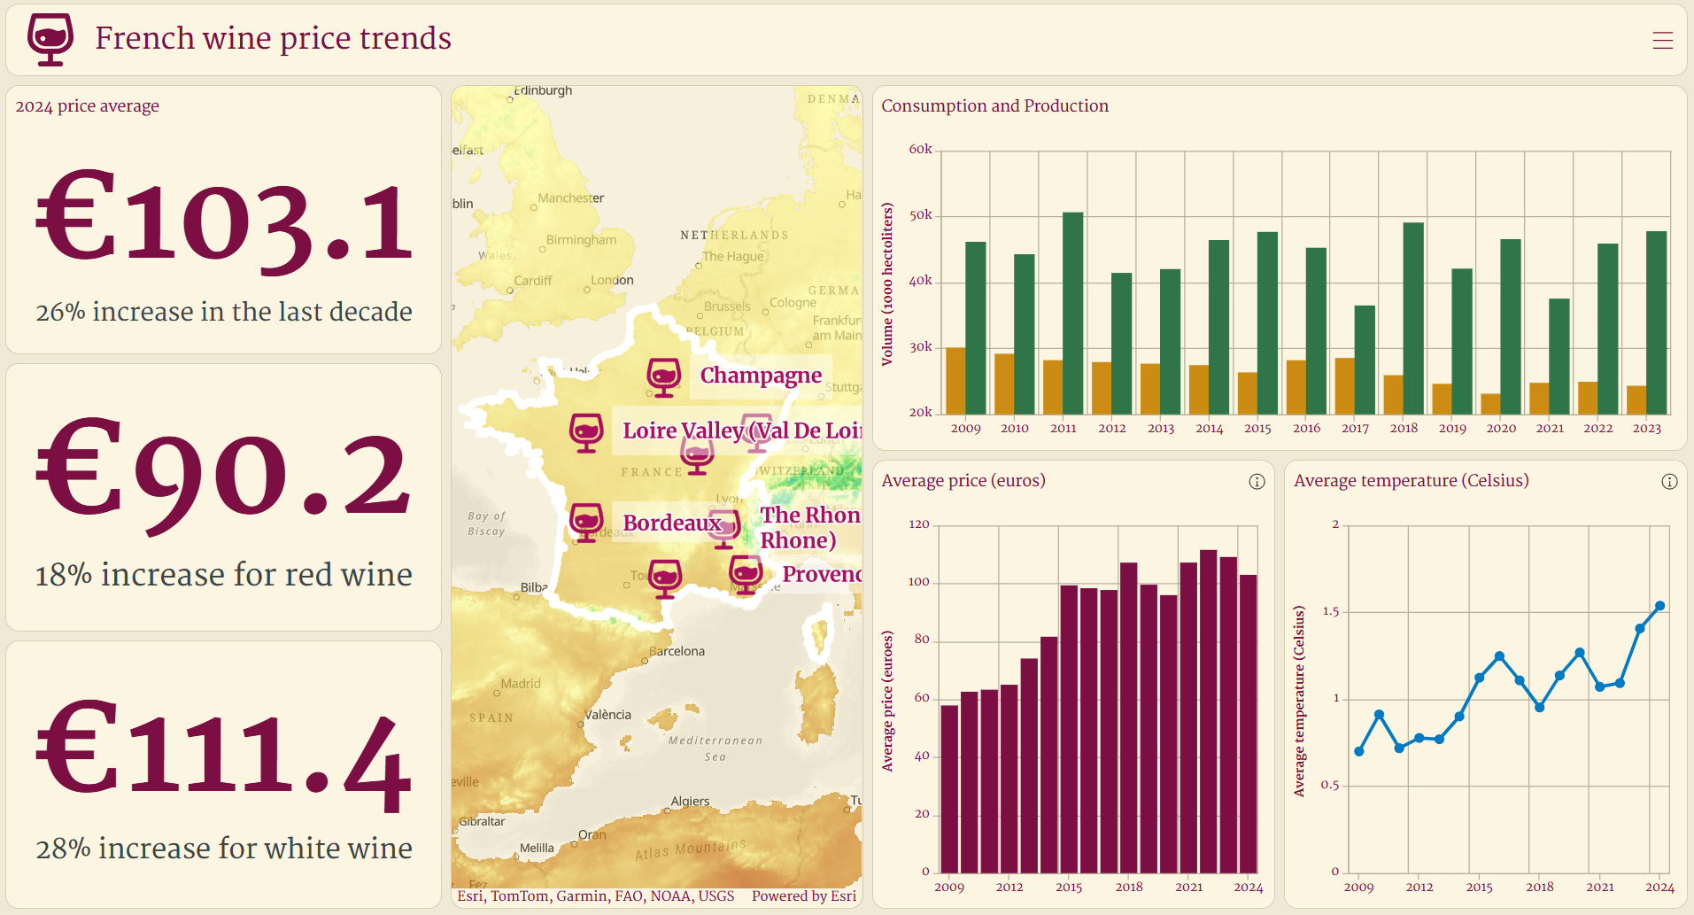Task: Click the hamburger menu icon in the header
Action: [x=1662, y=40]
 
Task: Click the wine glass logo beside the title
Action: [x=50, y=39]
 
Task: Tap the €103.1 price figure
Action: [x=224, y=220]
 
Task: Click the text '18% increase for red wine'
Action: [x=223, y=575]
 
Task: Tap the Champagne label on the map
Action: [x=760, y=376]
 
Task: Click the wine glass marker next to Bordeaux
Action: [x=586, y=522]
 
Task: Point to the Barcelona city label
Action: [x=677, y=651]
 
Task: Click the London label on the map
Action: [x=613, y=280]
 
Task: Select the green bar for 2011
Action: [x=1072, y=313]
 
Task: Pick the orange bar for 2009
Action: [x=955, y=381]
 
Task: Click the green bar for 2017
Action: [x=1365, y=360]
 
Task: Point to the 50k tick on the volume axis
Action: [x=920, y=215]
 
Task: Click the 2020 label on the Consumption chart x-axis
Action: [x=1501, y=428]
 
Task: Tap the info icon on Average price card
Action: [x=1257, y=481]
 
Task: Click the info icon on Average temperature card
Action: [x=1669, y=481]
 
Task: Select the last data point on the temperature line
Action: [x=1660, y=606]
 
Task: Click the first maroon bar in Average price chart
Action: [x=949, y=788]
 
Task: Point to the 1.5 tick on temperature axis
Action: [x=1330, y=611]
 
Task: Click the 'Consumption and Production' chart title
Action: [x=994, y=105]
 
